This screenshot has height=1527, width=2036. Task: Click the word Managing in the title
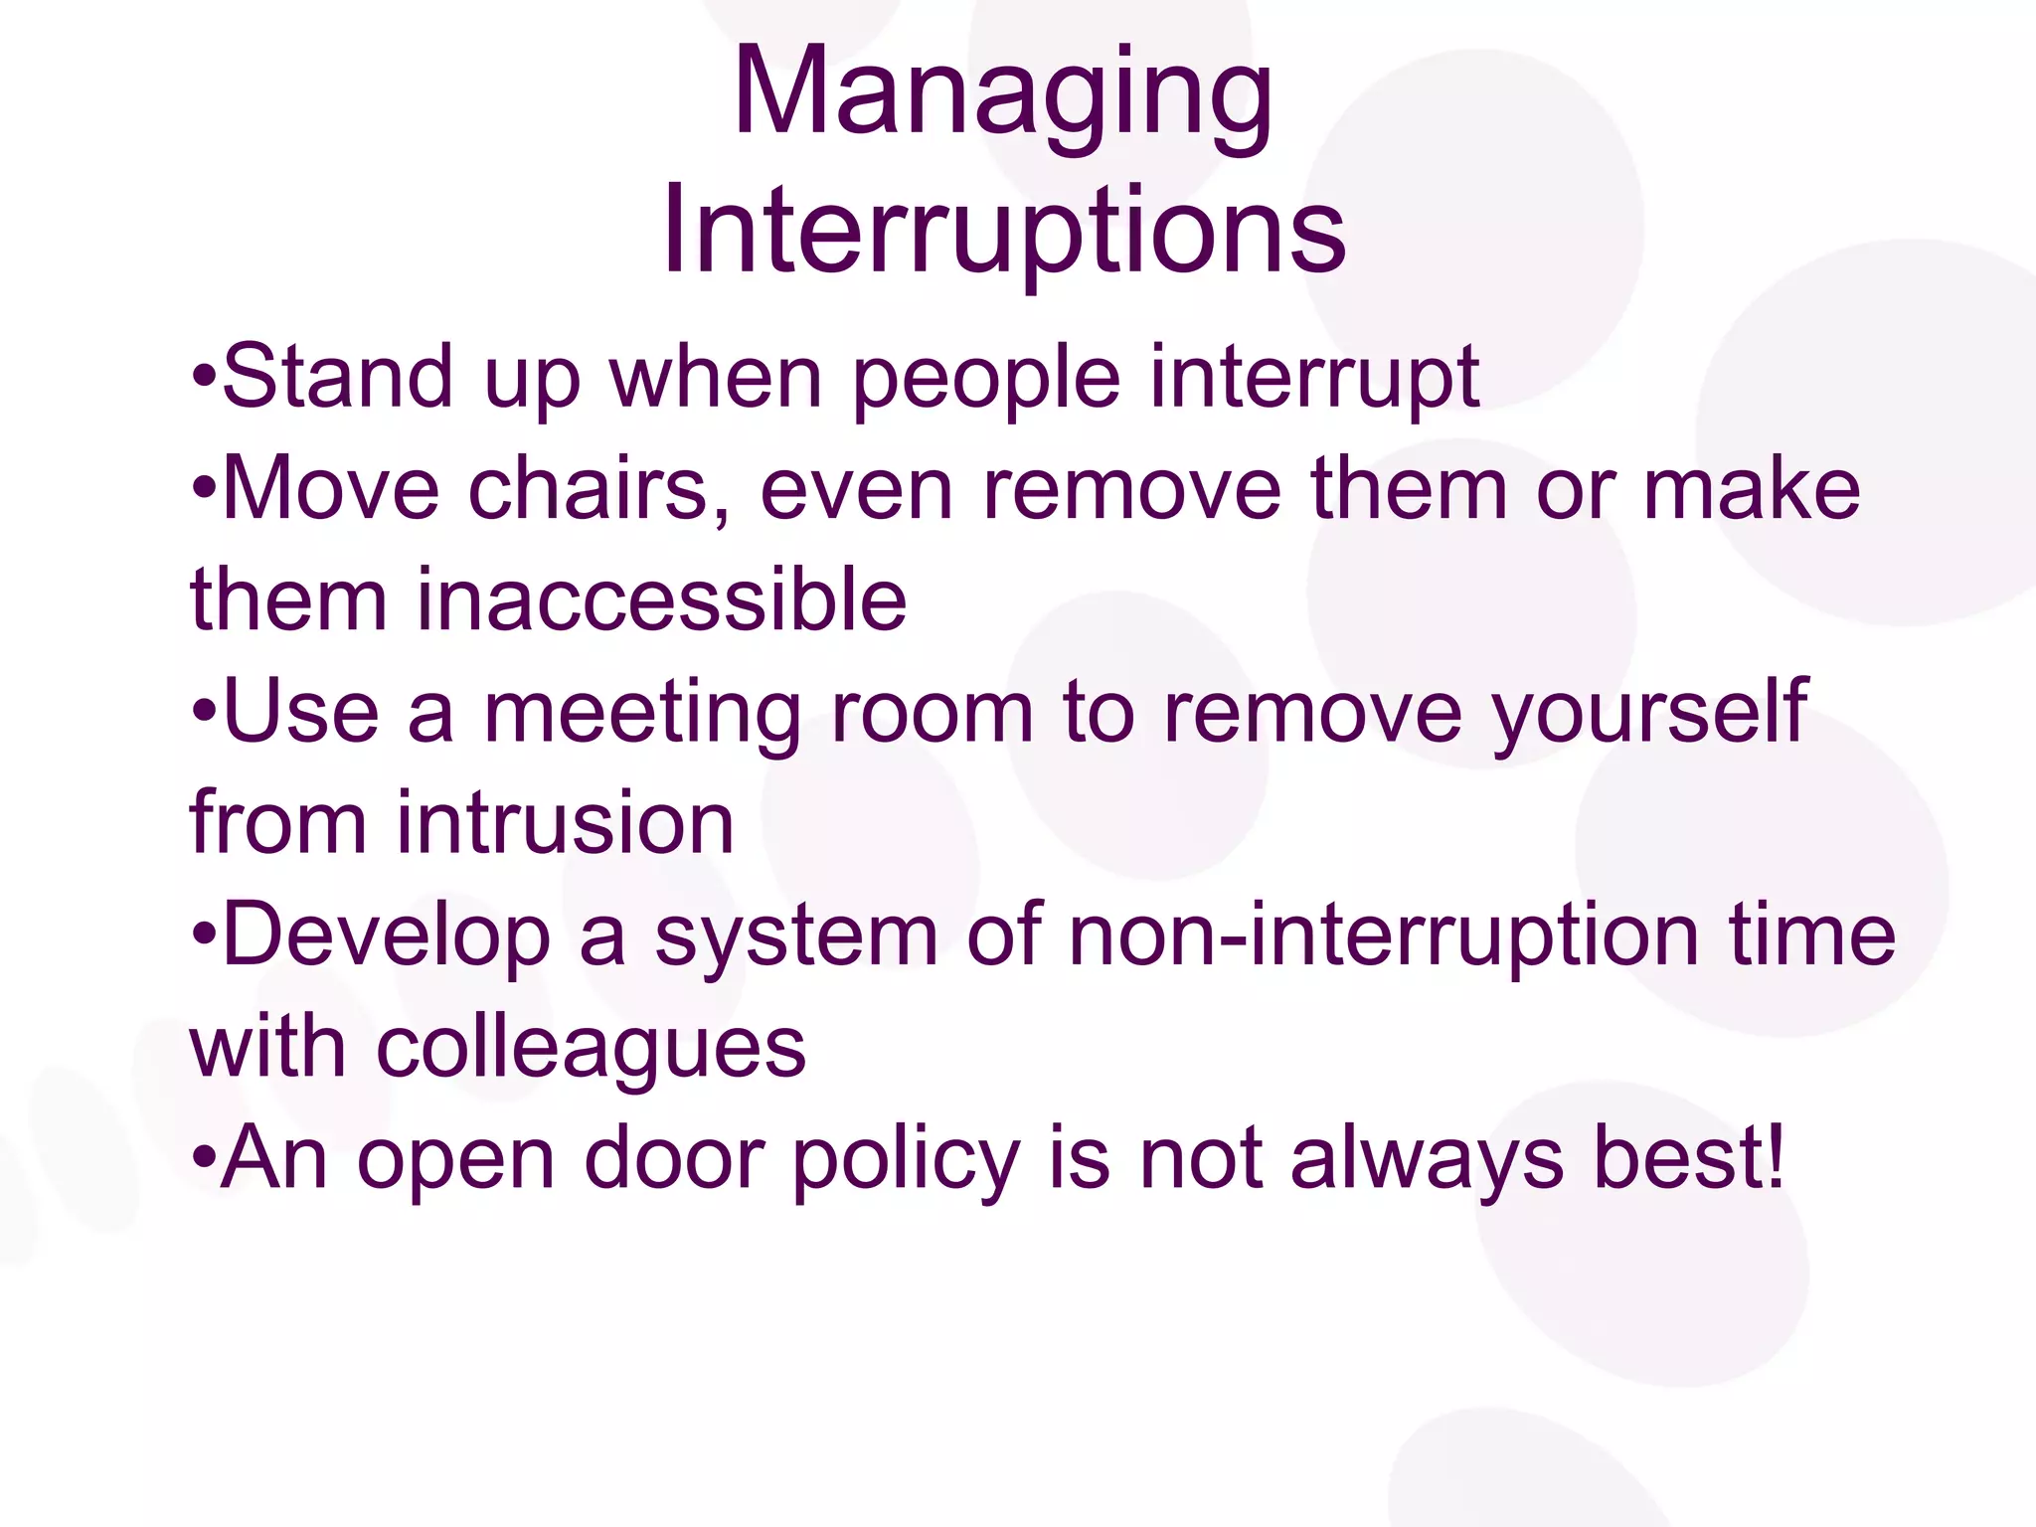pyautogui.click(x=1002, y=94)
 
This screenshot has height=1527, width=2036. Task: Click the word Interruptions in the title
pyautogui.click(x=1004, y=231)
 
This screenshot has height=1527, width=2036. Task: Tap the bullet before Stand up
pyautogui.click(x=203, y=378)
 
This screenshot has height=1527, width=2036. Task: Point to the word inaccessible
pyautogui.click(x=660, y=600)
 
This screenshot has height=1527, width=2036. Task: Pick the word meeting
pyautogui.click(x=642, y=712)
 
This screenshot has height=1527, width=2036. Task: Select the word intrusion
pyautogui.click(x=565, y=823)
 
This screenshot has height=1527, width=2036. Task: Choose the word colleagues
pyautogui.click(x=591, y=1048)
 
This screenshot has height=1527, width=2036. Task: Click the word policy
pyautogui.click(x=906, y=1159)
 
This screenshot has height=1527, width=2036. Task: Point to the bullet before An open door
pyautogui.click(x=203, y=1159)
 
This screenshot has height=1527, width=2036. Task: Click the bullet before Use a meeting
pyautogui.click(x=203, y=712)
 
